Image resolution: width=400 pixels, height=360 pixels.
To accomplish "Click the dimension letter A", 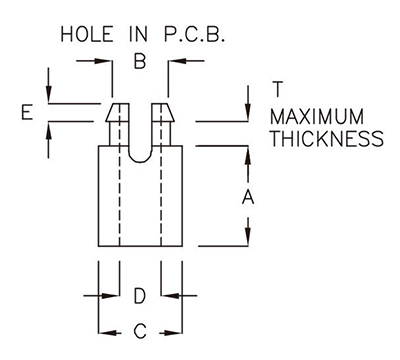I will click(x=248, y=197).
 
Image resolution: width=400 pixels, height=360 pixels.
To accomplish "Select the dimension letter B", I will click(x=140, y=62).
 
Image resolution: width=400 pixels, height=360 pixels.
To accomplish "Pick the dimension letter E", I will click(x=27, y=113).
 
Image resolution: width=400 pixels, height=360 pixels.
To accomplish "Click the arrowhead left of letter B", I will click(x=105, y=62).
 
